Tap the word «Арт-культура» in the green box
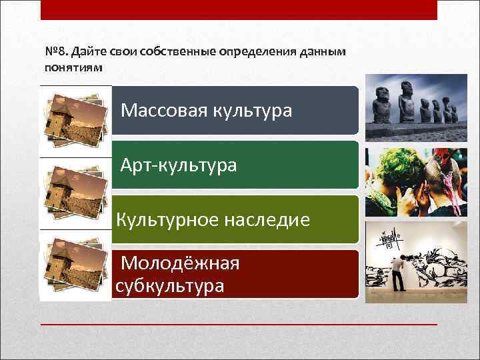tap(179, 165)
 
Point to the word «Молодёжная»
tap(180, 264)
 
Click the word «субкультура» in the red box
tap(170, 286)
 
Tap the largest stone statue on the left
tap(383, 105)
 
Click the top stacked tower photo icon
tap(72, 121)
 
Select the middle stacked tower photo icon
tap(72, 193)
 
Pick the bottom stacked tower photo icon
tap(72, 265)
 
